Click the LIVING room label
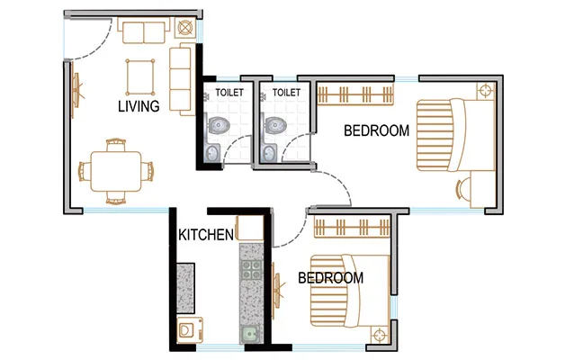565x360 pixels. coord(139,106)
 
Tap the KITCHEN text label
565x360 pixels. coord(206,235)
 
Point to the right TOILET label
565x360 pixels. coord(285,92)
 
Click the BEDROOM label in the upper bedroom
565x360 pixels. coord(377,130)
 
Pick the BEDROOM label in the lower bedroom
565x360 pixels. coord(330,278)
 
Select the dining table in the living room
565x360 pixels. coord(115,168)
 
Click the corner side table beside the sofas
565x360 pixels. coord(186,29)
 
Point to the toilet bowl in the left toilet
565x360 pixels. coord(218,127)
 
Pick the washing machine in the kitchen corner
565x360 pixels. coord(187,330)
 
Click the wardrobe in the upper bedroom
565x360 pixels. coord(355,93)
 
